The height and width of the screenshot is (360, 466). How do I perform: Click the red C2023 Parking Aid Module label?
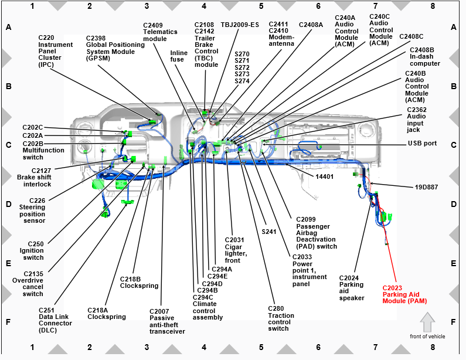404,294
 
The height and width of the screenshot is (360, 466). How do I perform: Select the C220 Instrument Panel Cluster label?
56,52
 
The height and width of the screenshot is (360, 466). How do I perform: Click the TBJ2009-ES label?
239,25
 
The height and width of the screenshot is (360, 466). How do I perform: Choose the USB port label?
422,144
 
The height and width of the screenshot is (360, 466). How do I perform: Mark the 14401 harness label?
325,176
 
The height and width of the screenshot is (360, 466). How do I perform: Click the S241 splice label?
269,231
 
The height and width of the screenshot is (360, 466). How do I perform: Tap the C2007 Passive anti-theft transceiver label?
167,321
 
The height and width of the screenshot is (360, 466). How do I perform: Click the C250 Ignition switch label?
36,250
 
